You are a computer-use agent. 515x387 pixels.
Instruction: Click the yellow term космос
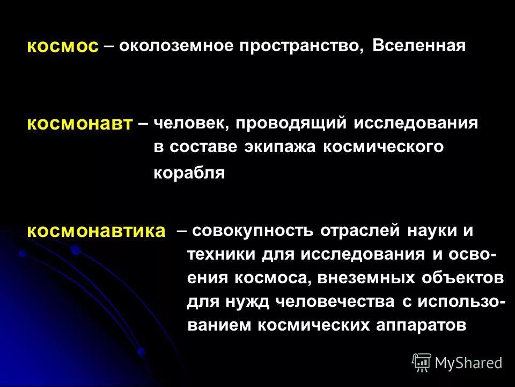63,47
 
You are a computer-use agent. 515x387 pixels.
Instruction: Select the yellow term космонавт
79,124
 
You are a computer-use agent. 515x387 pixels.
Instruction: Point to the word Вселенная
418,46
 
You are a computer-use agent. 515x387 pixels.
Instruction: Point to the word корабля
189,174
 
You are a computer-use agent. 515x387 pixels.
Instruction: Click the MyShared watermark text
468,363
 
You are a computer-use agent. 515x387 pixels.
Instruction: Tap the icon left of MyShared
422,363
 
